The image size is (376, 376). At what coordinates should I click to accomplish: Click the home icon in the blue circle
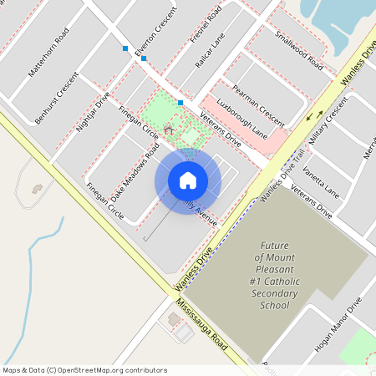[188, 180]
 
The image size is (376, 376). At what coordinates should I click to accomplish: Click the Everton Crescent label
[161, 28]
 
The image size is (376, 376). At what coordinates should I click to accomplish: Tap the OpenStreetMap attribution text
[84, 370]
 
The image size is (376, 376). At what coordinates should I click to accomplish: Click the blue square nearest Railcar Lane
[180, 102]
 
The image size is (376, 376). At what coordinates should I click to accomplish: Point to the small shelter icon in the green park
[169, 130]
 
